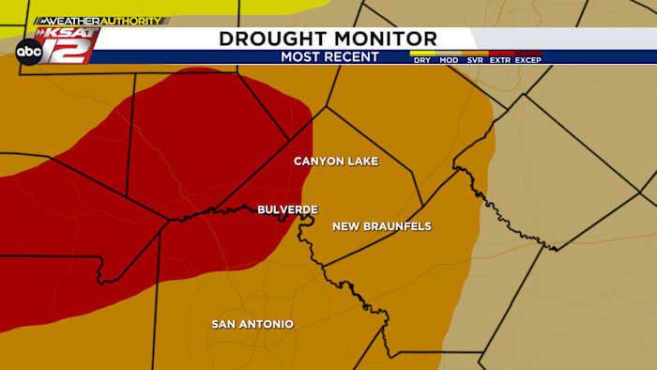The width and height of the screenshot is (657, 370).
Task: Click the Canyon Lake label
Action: point(336,162)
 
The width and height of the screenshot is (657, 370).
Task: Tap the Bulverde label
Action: point(288,209)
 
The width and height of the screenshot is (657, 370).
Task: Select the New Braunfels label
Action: point(381,226)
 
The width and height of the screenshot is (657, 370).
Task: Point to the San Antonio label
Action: point(252,324)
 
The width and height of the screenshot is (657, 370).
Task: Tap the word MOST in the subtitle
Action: point(302,57)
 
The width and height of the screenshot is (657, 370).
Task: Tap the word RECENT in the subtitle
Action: point(352,57)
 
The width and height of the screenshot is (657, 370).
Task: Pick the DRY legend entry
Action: point(422,60)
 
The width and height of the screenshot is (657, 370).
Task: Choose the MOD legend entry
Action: point(450,60)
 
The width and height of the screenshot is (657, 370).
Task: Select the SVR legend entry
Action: point(476,60)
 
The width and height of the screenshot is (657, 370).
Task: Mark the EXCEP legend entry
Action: point(528,60)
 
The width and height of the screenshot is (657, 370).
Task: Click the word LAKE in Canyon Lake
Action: point(362,162)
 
